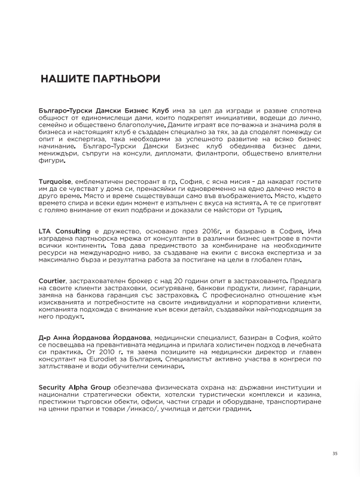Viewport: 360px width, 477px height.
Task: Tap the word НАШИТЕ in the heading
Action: click(60, 79)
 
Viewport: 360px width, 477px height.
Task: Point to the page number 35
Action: click(335, 453)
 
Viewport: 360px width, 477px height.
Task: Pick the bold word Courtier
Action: click(53, 281)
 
